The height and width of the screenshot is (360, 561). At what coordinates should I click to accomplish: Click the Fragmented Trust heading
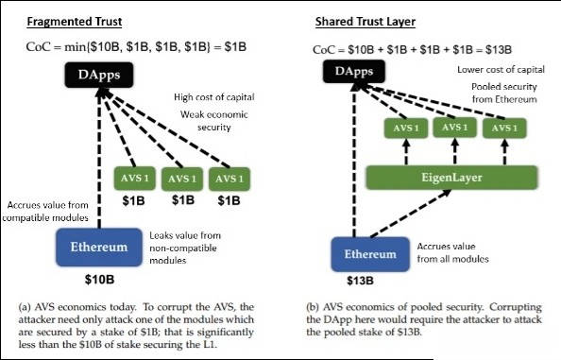(x=75, y=22)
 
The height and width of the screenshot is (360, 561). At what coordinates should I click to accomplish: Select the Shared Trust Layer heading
(x=365, y=22)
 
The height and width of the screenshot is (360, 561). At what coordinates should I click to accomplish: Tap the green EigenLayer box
(x=451, y=178)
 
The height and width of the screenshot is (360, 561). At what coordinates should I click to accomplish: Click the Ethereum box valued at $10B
(x=99, y=248)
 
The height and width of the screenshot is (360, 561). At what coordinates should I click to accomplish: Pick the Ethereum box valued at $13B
(x=370, y=254)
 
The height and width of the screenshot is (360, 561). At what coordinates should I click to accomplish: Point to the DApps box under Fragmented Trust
(x=99, y=75)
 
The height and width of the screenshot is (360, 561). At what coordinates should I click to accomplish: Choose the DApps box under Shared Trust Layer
(x=354, y=71)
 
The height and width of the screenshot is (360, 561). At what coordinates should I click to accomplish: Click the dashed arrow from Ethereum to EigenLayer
(x=411, y=214)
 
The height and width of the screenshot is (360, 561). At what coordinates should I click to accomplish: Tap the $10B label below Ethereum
(x=99, y=279)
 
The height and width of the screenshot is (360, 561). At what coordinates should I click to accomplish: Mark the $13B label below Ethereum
(x=360, y=281)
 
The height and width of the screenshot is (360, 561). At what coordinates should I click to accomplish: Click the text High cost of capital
(x=214, y=97)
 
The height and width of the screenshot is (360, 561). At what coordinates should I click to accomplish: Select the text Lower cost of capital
(x=501, y=70)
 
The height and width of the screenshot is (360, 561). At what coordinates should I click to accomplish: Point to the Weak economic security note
(x=214, y=121)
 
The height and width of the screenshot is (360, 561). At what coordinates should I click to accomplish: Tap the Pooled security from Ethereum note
(x=504, y=93)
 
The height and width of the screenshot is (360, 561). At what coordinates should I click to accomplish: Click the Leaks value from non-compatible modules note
(x=185, y=248)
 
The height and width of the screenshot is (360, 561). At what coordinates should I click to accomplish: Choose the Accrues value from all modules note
(x=453, y=252)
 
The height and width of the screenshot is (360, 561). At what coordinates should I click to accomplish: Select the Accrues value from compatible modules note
(x=45, y=212)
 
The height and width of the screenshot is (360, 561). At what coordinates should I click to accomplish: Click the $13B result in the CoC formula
(x=499, y=50)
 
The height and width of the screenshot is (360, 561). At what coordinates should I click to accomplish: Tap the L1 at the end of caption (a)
(x=210, y=345)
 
